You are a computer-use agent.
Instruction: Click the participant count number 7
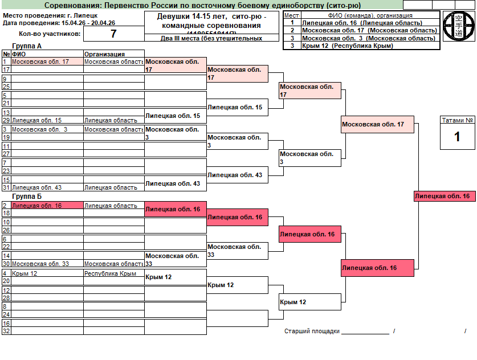tap(113, 34)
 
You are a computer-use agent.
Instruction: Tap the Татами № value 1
tap(456, 137)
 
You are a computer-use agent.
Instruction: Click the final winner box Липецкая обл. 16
tap(443, 196)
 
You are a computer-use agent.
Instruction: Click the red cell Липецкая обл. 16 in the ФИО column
tap(47, 206)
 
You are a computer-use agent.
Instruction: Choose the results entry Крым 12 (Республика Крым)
tap(347, 46)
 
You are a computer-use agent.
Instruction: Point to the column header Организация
tap(104, 54)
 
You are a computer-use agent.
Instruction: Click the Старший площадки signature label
tap(312, 331)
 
